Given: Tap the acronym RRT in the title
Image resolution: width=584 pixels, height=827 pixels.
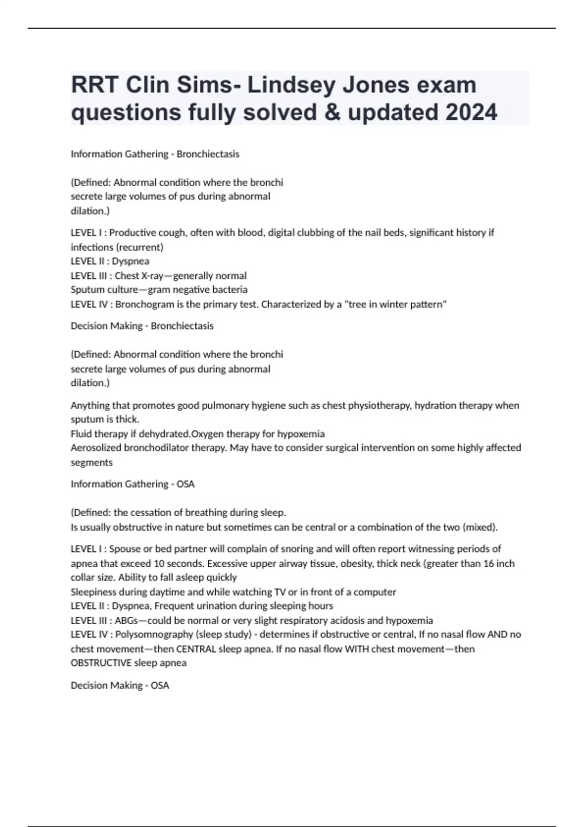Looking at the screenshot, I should click(x=94, y=85).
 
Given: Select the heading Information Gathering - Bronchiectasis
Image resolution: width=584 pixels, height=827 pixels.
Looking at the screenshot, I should click(x=155, y=154).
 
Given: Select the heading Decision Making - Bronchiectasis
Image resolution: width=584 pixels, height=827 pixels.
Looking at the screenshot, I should click(x=142, y=326).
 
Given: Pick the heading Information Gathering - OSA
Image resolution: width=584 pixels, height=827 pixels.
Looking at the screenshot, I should click(x=132, y=484).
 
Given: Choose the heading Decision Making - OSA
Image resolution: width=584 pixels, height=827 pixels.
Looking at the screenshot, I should click(x=120, y=685).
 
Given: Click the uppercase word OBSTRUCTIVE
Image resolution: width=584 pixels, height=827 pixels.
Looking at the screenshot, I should click(x=101, y=663).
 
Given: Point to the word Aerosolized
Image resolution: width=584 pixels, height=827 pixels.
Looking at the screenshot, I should click(x=96, y=448).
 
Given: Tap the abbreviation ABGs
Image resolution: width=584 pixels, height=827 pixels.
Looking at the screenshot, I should click(x=126, y=620).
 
